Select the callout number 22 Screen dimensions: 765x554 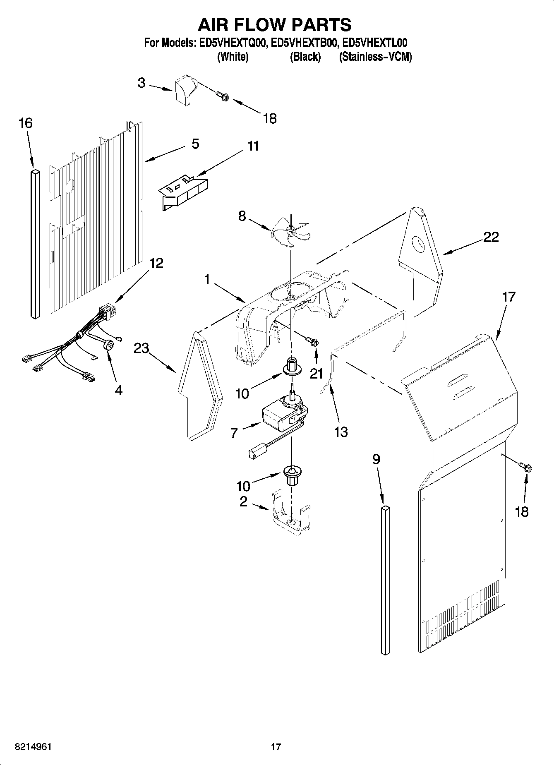(491, 237)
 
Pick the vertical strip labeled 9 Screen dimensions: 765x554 (385, 579)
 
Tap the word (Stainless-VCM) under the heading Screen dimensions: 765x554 (375, 57)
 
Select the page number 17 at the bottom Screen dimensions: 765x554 (276, 747)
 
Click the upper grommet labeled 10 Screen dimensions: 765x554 (292, 366)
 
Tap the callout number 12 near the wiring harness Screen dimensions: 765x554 (156, 263)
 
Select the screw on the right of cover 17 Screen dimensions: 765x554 (527, 468)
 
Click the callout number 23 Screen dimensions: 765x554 (141, 348)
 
